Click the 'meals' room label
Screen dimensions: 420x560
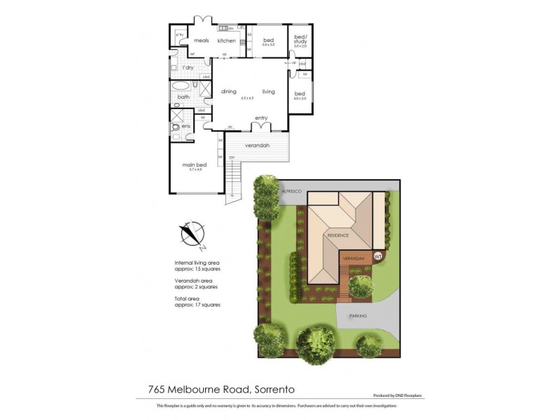[202, 41]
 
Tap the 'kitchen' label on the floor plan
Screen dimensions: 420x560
[226, 41]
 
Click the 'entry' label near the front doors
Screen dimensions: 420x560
[261, 118]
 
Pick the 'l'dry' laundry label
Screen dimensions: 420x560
[188, 67]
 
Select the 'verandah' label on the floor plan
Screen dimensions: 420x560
[257, 146]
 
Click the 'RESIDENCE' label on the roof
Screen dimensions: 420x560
[337, 235]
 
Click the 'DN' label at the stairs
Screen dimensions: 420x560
[232, 157]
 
